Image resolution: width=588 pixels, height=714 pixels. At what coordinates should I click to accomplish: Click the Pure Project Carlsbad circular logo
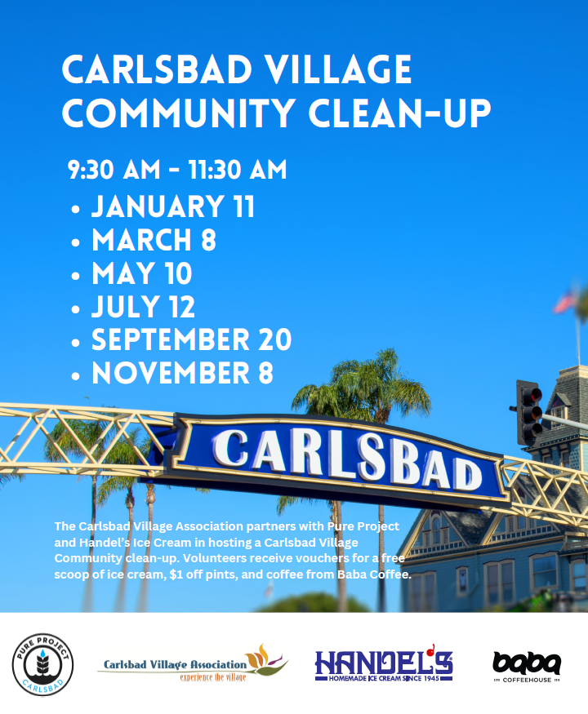[42, 664]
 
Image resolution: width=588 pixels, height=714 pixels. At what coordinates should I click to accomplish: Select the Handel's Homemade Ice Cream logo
[384, 663]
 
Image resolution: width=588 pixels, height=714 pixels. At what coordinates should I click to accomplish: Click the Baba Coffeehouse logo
[527, 667]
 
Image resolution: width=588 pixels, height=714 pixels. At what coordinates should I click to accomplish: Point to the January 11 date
[173, 206]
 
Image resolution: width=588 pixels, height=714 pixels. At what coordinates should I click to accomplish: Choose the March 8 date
[154, 240]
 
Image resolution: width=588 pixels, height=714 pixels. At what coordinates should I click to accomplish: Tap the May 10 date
[142, 273]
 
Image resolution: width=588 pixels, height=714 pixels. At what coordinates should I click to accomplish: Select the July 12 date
[143, 307]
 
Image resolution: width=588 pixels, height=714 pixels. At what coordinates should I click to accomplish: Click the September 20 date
[191, 339]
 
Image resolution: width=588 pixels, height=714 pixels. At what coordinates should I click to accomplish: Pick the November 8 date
[182, 373]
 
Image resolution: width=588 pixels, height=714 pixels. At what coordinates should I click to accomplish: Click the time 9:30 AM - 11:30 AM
[177, 170]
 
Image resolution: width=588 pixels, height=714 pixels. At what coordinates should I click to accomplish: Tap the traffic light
[529, 413]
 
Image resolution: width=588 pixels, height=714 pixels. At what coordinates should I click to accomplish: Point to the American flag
[564, 301]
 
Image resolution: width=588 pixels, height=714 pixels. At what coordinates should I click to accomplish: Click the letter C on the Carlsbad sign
[230, 448]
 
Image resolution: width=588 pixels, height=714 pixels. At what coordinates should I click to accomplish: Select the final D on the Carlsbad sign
[465, 474]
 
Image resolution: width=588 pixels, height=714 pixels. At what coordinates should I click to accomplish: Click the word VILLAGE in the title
[338, 69]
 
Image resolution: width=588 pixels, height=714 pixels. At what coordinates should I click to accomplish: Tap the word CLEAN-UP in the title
[399, 112]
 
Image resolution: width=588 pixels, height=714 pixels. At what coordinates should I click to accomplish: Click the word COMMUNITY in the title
[179, 112]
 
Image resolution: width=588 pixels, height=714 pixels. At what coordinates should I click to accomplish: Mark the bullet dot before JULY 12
[76, 309]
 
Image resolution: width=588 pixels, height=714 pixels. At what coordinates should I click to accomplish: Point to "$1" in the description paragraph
[176, 574]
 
